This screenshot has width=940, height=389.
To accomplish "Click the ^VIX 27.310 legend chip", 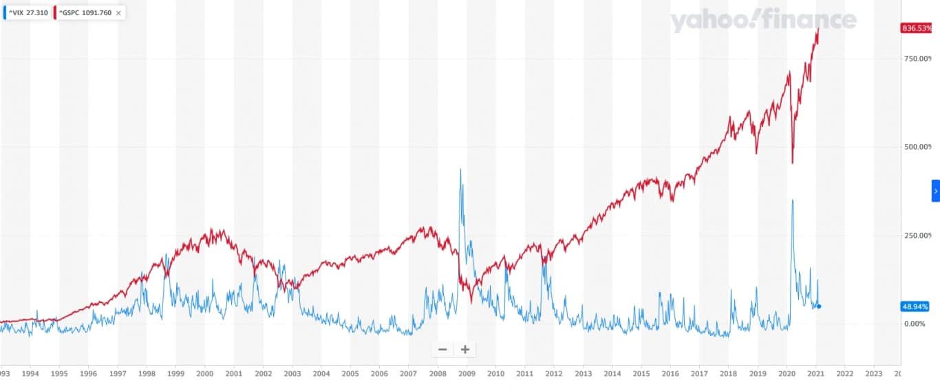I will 26,12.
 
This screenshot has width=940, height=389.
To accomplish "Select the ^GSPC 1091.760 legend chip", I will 84,12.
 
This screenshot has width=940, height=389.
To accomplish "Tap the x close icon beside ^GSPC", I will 118,12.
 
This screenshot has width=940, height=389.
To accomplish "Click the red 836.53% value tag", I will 916,28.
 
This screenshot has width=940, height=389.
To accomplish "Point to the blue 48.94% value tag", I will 915,306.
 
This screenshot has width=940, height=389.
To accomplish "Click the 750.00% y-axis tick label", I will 917,59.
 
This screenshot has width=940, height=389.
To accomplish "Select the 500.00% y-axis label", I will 917,147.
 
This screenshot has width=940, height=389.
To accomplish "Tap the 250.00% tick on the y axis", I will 917,235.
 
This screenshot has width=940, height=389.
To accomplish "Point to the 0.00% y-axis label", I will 915,324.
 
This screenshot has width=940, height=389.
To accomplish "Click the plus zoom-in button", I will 465,350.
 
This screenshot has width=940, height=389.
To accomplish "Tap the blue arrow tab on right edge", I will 936,191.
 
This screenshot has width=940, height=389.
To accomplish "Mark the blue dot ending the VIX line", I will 819,306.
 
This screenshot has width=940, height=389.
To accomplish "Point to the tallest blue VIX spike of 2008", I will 460,169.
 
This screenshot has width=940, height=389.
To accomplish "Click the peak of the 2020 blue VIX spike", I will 793,200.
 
